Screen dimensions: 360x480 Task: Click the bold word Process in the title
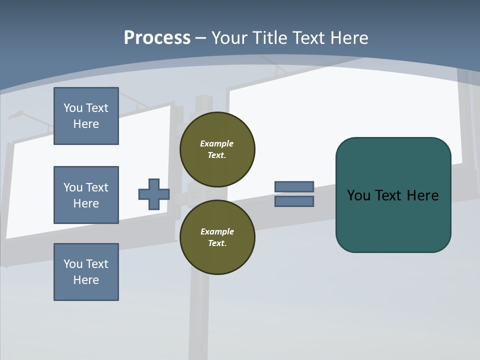point(157,38)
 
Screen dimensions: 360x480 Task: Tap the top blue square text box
point(86,116)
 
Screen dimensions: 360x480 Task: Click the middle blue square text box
point(86,195)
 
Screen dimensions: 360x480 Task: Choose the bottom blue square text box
point(86,272)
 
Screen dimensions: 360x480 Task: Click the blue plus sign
point(154,194)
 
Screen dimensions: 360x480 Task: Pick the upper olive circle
point(217,149)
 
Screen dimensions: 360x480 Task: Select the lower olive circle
point(217,237)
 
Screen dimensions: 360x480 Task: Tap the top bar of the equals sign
point(294,186)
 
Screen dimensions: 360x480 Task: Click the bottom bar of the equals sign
point(294,201)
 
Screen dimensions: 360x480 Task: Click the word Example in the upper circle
point(216,143)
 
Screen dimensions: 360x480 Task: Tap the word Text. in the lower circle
point(217,243)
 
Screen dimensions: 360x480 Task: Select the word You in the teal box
point(359,195)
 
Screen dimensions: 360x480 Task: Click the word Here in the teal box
point(422,195)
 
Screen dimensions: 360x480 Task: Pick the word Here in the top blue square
point(86,124)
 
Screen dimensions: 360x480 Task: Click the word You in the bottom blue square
point(73,264)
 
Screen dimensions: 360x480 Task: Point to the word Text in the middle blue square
point(97,187)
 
